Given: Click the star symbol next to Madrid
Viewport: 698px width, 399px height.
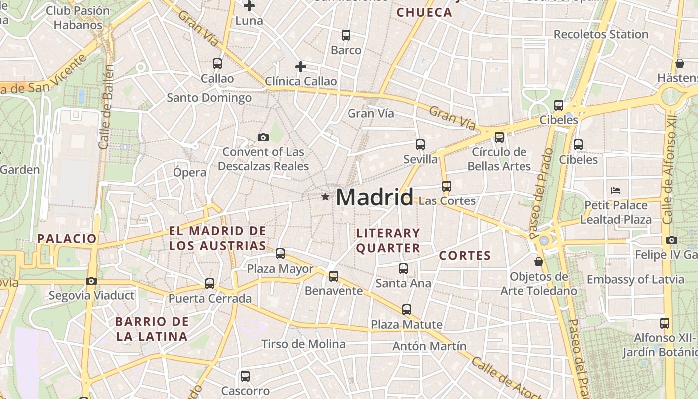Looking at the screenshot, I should pos(325,197).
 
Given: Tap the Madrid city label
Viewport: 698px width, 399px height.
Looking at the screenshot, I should pos(374,197).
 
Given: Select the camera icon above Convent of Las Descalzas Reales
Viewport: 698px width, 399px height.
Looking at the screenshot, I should pos(263,137).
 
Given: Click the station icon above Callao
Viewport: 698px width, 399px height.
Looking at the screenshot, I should pos(217,64).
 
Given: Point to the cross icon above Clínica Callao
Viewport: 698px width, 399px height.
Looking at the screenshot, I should pos(300,66).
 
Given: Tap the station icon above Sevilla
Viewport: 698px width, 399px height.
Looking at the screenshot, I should pos(420,145).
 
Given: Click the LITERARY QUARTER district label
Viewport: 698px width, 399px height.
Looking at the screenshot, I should pos(388,240).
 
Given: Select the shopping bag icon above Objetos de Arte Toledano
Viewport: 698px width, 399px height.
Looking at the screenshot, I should pos(538,261).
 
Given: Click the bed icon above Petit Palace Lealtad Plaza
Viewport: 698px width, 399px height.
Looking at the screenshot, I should pos(616,191).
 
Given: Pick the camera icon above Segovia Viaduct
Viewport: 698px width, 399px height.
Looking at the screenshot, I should pos(91,281).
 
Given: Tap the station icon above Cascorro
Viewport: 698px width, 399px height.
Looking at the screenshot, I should pos(245,376).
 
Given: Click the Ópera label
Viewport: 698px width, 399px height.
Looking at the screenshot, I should pos(189,173).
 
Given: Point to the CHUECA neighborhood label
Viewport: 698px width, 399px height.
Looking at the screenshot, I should pos(424,13).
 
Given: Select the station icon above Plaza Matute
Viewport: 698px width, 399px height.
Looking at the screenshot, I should pos(407,309).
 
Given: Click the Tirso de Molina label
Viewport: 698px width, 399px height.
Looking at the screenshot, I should pos(303,344).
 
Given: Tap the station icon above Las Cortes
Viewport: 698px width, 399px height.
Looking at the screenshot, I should pos(446,186).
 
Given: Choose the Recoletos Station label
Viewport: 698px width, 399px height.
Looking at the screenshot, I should pos(601,34).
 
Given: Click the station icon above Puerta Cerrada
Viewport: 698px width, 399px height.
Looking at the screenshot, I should pos(210,284).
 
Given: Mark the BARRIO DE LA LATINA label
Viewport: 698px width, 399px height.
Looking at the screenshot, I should pos(152,329).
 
